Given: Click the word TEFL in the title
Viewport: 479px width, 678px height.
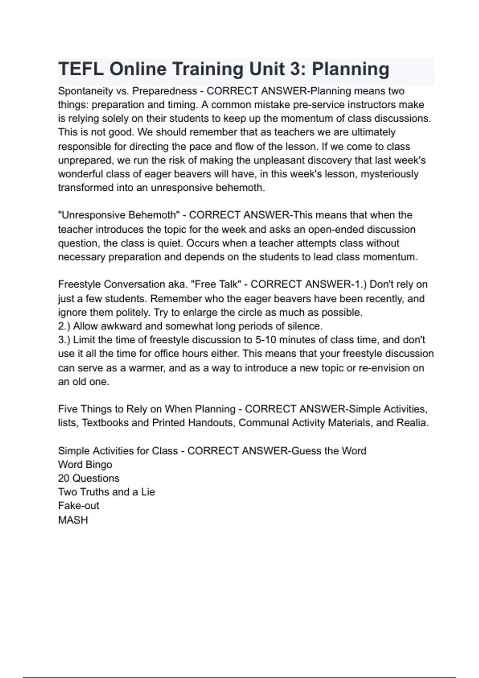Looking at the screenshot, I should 81,69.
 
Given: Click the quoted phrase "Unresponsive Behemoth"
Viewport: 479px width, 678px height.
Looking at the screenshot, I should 117,215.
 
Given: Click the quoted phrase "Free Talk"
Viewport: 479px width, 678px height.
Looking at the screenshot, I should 216,284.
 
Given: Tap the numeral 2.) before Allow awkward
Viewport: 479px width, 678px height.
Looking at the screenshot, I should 64,326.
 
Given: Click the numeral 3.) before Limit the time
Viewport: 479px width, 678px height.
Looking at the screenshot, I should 64,340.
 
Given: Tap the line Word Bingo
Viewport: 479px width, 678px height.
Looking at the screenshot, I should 85,465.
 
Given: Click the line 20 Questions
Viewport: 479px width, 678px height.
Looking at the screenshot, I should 89,478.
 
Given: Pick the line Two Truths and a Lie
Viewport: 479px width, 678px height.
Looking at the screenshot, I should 106,492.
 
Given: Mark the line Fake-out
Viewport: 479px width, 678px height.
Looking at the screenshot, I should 78,506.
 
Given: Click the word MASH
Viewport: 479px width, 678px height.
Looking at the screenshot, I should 73,520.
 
